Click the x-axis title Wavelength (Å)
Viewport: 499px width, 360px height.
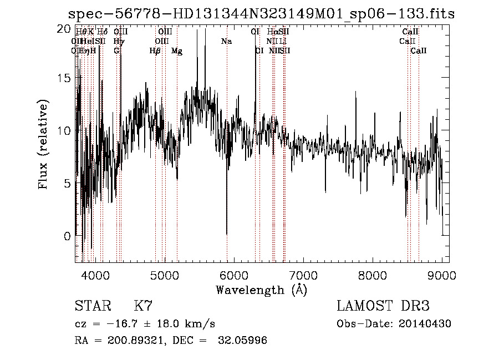(x=261, y=290)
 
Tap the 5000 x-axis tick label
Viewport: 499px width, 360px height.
(x=165, y=275)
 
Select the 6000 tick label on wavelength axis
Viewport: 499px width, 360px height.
(x=234, y=275)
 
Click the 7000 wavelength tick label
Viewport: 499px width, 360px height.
(x=303, y=275)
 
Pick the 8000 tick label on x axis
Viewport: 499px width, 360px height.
(x=373, y=275)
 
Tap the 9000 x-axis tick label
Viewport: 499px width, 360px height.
(x=442, y=275)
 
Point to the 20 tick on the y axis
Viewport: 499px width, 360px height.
(x=64, y=28)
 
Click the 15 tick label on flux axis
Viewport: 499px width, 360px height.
(x=64, y=78)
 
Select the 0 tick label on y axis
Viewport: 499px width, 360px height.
(x=68, y=236)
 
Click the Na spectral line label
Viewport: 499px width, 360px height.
(x=226, y=41)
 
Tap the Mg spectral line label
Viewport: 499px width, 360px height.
(x=177, y=50)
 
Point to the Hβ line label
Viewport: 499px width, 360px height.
(x=155, y=50)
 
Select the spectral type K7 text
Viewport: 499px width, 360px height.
(x=143, y=306)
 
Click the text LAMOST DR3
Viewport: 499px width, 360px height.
(x=383, y=306)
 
